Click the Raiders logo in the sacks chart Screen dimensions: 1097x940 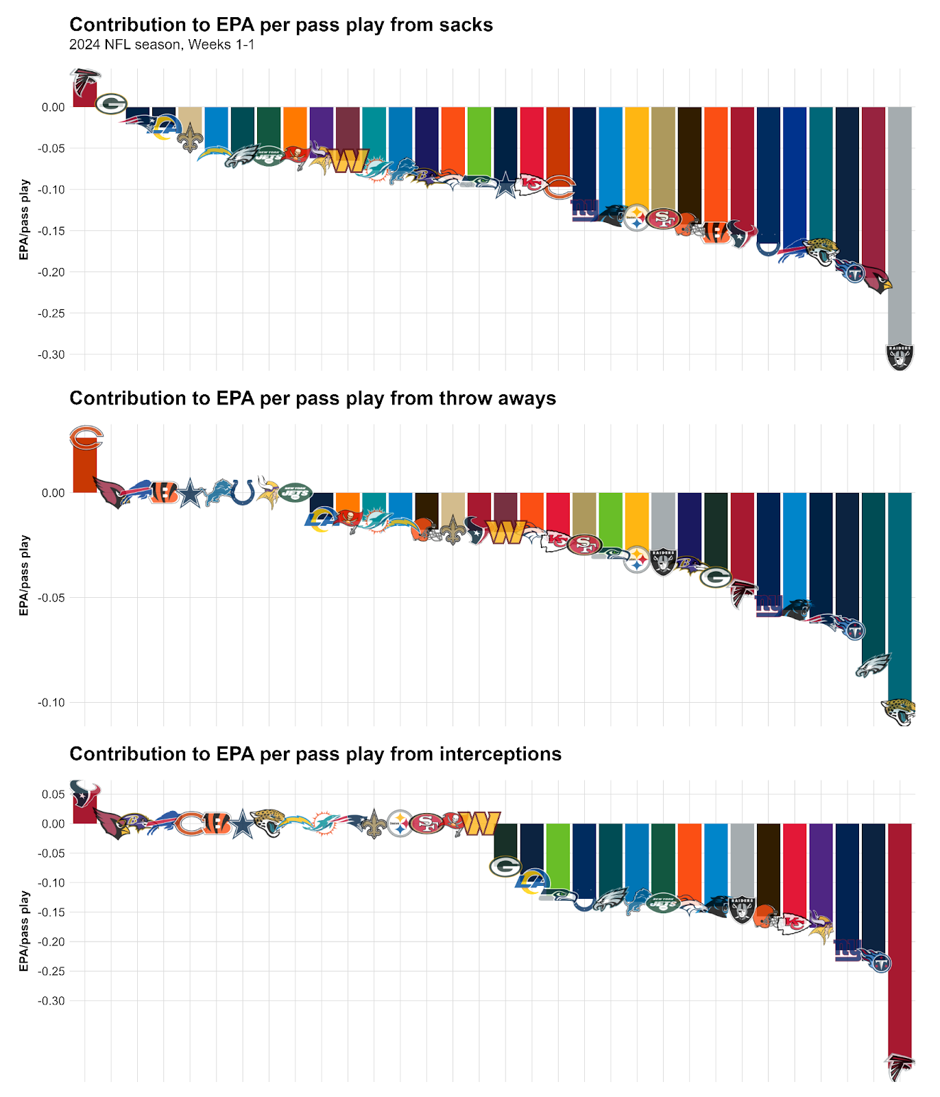pyautogui.click(x=900, y=357)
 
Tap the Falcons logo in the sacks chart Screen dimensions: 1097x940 pyautogui.click(x=85, y=82)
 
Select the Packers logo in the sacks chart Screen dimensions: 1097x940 pyautogui.click(x=111, y=104)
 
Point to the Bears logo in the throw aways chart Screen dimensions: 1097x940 pyautogui.click(x=86, y=437)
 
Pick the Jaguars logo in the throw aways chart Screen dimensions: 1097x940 pyautogui.click(x=899, y=712)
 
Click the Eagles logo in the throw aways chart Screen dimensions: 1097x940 pyautogui.click(x=873, y=665)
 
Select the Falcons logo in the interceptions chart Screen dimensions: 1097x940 pyautogui.click(x=900, y=1067)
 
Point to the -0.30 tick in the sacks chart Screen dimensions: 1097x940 pyautogui.click(x=53, y=355)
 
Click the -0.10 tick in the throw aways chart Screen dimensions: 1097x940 pyautogui.click(x=53, y=703)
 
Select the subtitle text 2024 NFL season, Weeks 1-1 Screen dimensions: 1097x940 pyautogui.click(x=162, y=45)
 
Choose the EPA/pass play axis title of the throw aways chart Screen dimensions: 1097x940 pyautogui.click(x=24, y=575)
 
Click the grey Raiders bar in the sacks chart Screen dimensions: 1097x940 pyautogui.click(x=900, y=219)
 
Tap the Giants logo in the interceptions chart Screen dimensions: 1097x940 pyautogui.click(x=847, y=950)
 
